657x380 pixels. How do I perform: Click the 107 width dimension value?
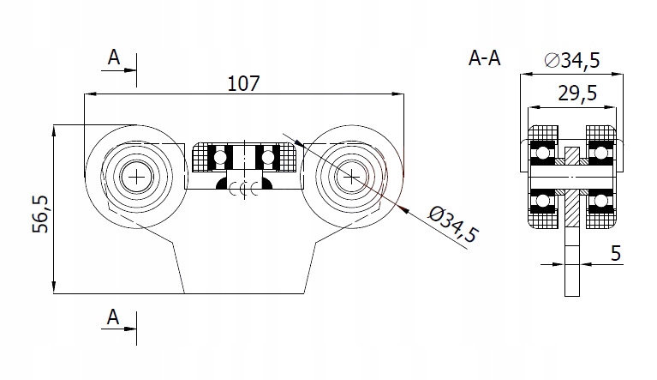click(244, 83)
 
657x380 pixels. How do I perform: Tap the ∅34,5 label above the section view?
click(571, 61)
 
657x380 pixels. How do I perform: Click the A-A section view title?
click(485, 58)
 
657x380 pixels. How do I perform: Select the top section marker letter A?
click(113, 57)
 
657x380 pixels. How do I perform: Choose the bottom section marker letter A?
click(113, 317)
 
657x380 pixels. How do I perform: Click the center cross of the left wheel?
click(135, 177)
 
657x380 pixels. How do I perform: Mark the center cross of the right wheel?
click(351, 177)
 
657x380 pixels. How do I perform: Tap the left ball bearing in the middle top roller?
click(222, 156)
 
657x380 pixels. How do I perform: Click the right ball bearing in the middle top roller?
click(269, 156)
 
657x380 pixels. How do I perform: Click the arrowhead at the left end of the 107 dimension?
click(87, 93)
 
